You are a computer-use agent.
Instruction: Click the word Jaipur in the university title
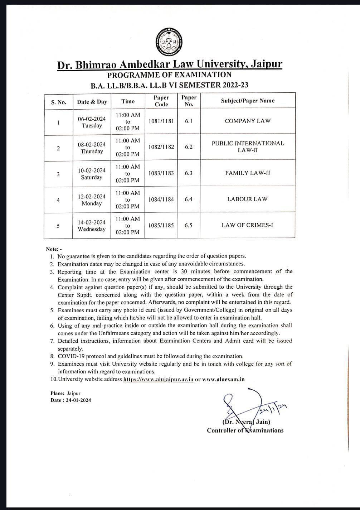266,64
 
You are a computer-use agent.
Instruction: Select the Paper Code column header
161,101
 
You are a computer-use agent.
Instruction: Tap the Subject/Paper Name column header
248,101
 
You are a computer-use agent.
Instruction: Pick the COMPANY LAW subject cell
248,121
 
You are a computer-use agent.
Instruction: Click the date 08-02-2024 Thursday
92,148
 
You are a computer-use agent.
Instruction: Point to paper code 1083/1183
161,173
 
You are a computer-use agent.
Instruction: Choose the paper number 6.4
189,199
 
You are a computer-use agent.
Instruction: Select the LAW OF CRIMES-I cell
247,225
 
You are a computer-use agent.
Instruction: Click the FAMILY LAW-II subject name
248,173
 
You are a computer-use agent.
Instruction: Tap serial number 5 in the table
58,226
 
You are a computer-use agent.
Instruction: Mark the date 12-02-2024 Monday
92,200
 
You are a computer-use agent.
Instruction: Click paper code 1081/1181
161,121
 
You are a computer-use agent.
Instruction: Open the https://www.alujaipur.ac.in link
158,379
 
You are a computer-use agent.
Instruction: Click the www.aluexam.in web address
223,379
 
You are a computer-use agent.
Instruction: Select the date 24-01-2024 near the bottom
78,400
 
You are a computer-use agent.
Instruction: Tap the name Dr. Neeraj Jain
246,422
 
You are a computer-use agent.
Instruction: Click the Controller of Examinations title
245,430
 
